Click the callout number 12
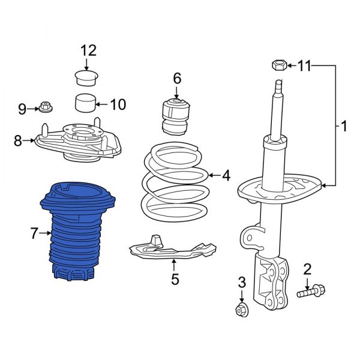coord(89,50)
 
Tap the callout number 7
coord(34,232)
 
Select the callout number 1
coord(344,127)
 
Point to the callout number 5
coord(175,279)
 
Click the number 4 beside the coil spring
coord(226,176)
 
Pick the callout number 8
coord(17,141)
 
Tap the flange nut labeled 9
coord(46,108)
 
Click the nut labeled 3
coord(242,310)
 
